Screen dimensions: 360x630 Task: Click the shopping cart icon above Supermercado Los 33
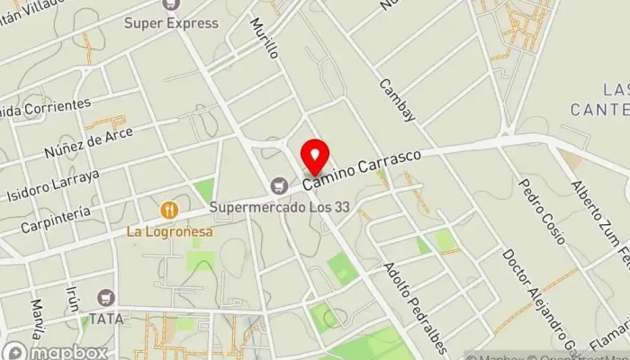click(280, 184)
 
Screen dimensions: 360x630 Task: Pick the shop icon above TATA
click(107, 297)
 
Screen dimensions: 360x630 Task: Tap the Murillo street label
click(265, 37)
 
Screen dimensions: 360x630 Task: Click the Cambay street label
click(397, 100)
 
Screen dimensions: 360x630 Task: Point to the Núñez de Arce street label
click(87, 140)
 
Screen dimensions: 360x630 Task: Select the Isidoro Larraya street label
click(52, 184)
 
